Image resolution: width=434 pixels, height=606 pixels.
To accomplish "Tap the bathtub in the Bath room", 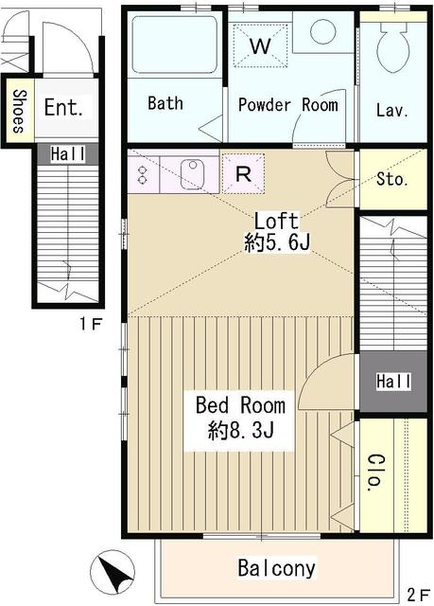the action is click(x=174, y=44).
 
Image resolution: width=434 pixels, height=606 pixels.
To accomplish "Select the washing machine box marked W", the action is click(x=260, y=45).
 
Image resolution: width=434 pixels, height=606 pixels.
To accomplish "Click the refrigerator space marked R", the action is click(x=243, y=173).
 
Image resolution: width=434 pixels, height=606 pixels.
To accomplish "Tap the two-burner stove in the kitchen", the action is click(x=143, y=174).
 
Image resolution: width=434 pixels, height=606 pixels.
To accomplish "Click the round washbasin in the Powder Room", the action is click(x=322, y=31).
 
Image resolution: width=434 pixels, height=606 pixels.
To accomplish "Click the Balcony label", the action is click(x=277, y=568).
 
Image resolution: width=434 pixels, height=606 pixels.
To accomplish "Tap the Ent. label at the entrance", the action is click(x=63, y=107).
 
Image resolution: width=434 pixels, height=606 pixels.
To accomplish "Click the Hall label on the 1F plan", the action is click(x=68, y=154).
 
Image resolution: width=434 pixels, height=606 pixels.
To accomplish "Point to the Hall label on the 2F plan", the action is click(x=394, y=382).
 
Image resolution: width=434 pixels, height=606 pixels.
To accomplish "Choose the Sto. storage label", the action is click(x=392, y=179).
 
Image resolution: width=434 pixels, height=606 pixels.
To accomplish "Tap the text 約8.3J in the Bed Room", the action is click(x=241, y=430).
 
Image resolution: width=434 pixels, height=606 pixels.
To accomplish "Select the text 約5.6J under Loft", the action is click(x=277, y=242).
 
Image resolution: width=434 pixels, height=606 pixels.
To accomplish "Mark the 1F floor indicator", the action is click(x=91, y=324).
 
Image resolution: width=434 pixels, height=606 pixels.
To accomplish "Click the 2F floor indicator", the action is click(x=419, y=595).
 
